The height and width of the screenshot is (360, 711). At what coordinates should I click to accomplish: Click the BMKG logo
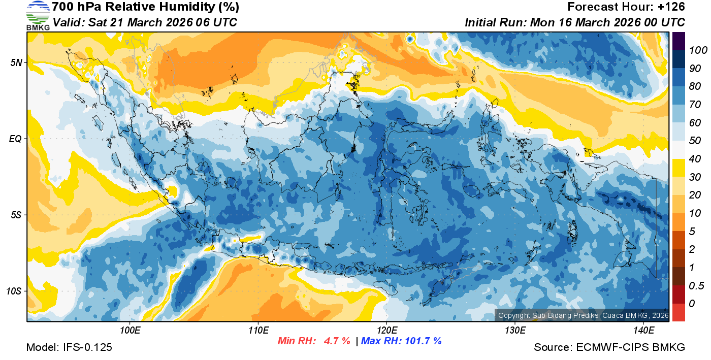tap(38, 15)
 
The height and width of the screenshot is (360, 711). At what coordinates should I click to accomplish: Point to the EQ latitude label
tap(15, 139)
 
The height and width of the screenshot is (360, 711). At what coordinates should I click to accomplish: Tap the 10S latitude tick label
tap(14, 291)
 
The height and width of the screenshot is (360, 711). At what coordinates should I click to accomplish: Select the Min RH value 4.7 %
tap(337, 341)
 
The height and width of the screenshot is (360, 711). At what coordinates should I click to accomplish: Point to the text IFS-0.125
tap(87, 347)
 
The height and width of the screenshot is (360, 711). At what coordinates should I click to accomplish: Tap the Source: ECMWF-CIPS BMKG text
tap(609, 347)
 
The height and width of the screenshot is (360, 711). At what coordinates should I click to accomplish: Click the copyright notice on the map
tap(583, 315)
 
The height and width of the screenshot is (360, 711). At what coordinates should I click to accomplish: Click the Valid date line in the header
tap(145, 22)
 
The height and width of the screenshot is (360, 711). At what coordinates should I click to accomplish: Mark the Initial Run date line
tap(575, 22)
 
